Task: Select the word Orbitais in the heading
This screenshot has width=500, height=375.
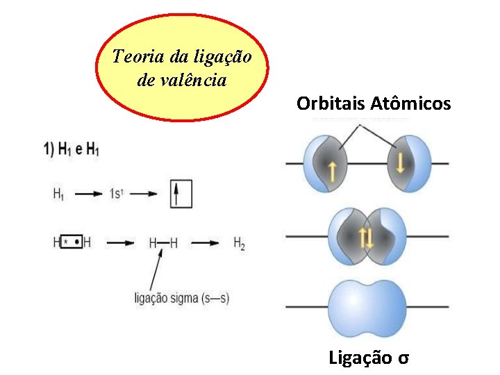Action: pyautogui.click(x=328, y=104)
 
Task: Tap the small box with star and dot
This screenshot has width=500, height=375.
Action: pyautogui.click(x=72, y=243)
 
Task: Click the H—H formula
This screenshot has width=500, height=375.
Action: pyautogui.click(x=163, y=243)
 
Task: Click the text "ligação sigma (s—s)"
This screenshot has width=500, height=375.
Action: pyautogui.click(x=182, y=299)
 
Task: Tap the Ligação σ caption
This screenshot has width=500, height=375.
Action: pyautogui.click(x=369, y=358)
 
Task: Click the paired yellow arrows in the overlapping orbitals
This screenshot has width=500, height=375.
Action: pyautogui.click(x=367, y=238)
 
